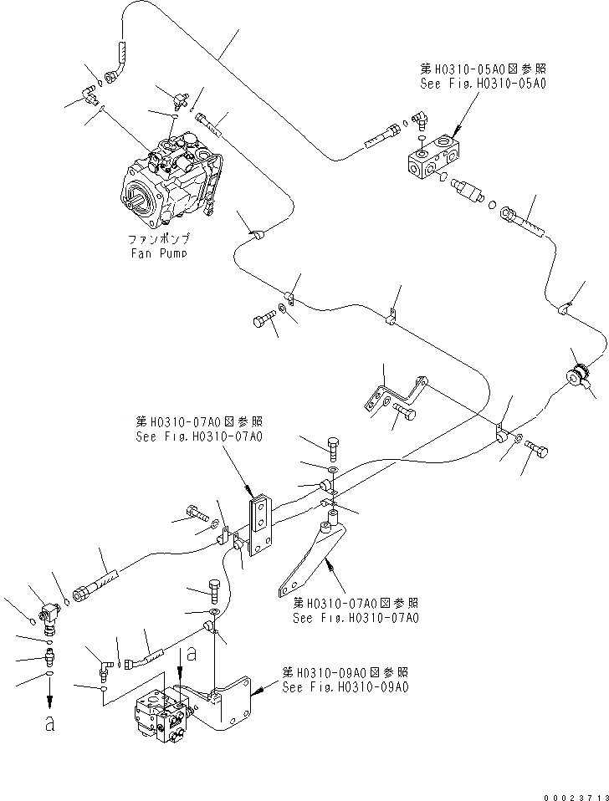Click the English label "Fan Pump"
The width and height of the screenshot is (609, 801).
(x=157, y=253)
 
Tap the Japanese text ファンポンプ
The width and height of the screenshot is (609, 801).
(x=158, y=239)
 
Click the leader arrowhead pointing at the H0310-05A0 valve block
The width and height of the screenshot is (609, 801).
(x=455, y=135)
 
